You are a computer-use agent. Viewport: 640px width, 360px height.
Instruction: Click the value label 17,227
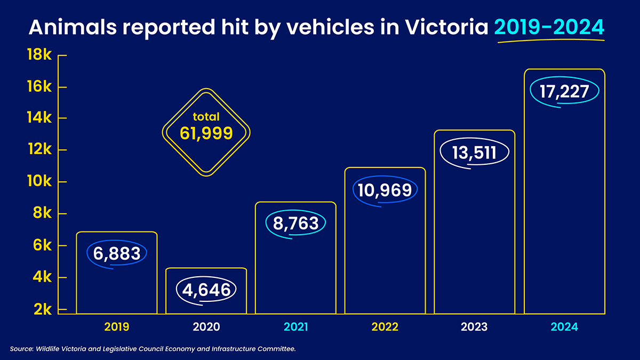point(564,91)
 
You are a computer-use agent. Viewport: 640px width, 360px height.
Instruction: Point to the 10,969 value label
point(385,190)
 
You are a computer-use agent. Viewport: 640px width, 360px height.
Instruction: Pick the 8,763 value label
point(295,223)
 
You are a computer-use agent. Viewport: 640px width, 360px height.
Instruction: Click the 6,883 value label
point(117,253)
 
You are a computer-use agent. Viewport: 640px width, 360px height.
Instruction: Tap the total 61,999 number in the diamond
point(206,133)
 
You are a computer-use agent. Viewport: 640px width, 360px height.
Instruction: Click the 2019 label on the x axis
point(117,327)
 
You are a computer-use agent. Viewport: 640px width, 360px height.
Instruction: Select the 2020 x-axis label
point(206,327)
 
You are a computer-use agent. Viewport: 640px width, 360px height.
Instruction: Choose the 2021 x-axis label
point(295,327)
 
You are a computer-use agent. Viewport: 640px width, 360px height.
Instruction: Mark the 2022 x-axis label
point(385,327)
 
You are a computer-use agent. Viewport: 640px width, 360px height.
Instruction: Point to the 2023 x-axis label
point(474,327)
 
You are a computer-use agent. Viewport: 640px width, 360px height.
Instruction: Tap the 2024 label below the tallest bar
point(564,327)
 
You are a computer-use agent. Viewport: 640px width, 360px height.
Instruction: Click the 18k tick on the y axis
point(39,55)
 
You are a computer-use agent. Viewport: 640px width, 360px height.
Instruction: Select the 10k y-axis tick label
point(39,182)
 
